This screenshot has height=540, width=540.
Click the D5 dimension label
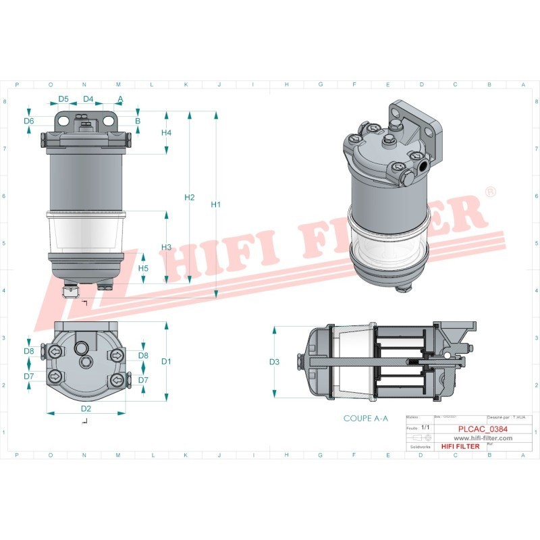63,99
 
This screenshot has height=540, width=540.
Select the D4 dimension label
88,99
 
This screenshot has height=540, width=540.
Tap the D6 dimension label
28,121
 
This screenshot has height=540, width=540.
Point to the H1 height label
216,204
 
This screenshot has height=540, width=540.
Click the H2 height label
190,197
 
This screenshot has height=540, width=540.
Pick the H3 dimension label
166,247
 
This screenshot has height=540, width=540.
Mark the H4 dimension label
166,133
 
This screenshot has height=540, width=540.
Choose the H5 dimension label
143,268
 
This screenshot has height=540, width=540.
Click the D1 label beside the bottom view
166,361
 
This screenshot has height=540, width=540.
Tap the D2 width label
86,408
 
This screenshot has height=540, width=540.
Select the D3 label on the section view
274,362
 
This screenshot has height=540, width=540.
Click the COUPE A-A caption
366,418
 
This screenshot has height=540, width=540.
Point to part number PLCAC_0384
483,429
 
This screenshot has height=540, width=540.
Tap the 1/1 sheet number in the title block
425,428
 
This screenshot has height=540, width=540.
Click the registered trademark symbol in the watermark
491,192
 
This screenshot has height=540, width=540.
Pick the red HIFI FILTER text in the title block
460,446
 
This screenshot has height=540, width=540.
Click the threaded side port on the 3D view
423,164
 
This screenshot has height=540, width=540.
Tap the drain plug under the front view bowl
70,292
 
